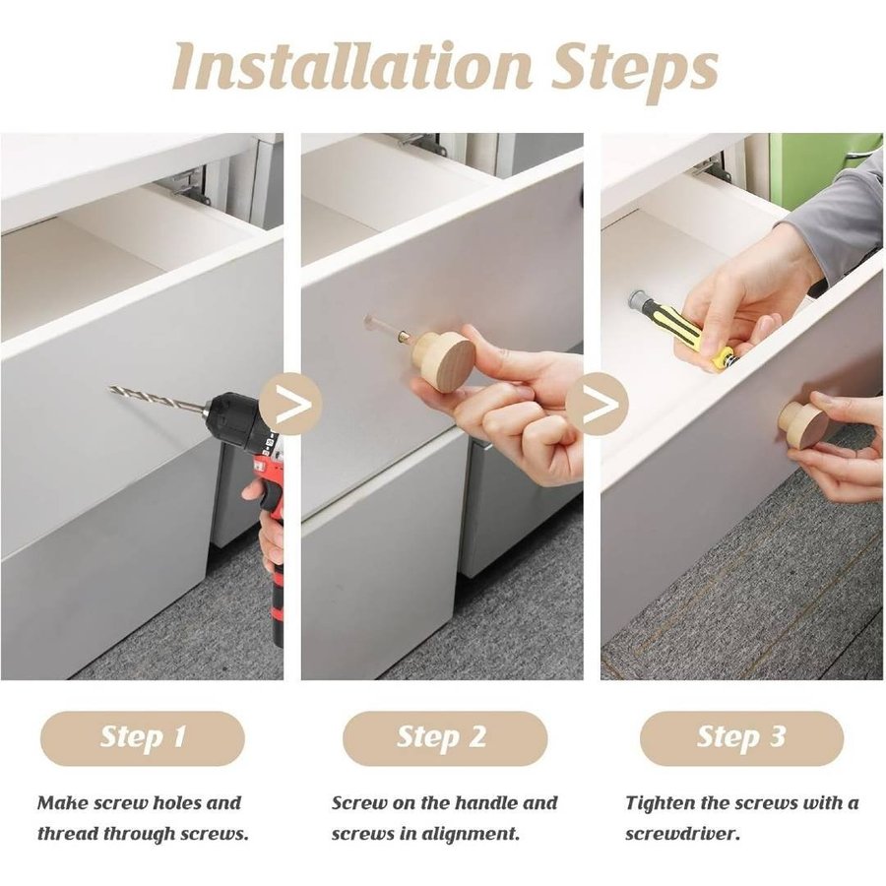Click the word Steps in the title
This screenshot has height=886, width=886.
[635, 72]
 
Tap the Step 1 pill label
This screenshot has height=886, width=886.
[143, 738]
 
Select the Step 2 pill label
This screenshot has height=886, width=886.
[445, 738]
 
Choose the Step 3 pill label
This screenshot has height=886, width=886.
[741, 738]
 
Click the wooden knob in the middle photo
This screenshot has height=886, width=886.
[441, 360]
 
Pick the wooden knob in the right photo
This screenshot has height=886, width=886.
[803, 424]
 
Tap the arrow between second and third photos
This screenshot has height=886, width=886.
[598, 404]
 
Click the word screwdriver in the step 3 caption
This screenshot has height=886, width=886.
[682, 834]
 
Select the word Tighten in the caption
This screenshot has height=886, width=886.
[661, 804]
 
